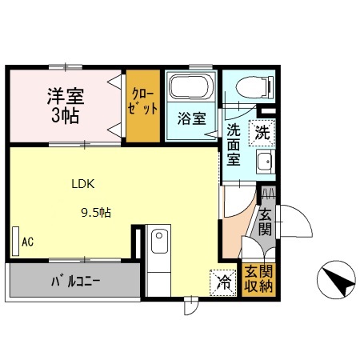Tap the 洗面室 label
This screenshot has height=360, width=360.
234,143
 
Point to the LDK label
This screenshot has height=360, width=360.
83,183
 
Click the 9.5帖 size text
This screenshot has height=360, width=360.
94,213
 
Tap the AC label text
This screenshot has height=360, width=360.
28,241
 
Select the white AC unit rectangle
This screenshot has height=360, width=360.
15,239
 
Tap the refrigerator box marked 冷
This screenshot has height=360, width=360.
225,281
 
